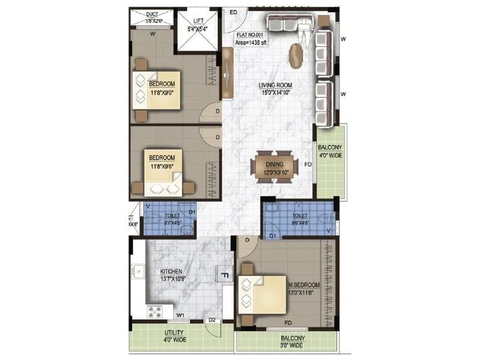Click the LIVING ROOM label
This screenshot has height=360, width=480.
tap(275, 85)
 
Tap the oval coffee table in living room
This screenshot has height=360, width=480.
tap(296, 55)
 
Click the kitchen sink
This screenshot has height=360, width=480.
tap(137, 271)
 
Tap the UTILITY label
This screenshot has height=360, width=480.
tap(174, 332)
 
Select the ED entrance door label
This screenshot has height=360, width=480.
tap(233, 12)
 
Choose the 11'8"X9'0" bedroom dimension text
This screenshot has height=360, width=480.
tap(163, 92)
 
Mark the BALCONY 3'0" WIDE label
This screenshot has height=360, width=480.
tap(291, 342)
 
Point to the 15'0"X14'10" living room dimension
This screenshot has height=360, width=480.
tap(275, 93)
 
